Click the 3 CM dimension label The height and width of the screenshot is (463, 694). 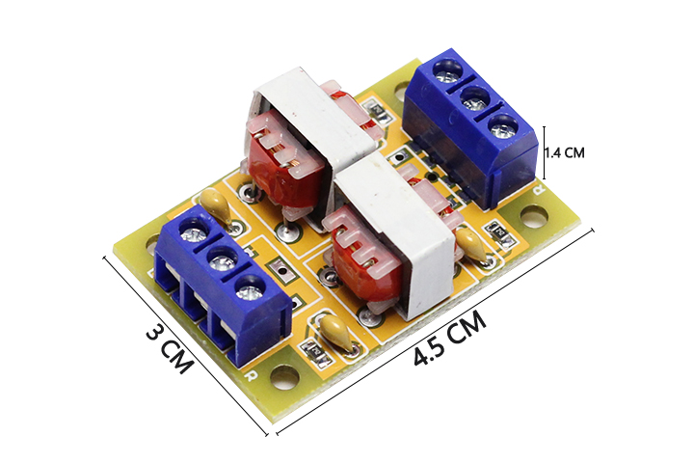(x=170, y=348)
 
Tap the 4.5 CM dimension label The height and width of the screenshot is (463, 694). (x=450, y=338)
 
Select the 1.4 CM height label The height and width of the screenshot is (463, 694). (x=565, y=152)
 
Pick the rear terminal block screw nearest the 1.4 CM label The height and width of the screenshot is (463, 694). (x=504, y=126)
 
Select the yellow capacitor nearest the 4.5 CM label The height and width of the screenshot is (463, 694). (x=336, y=332)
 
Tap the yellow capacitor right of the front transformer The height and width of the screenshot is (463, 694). (x=471, y=244)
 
